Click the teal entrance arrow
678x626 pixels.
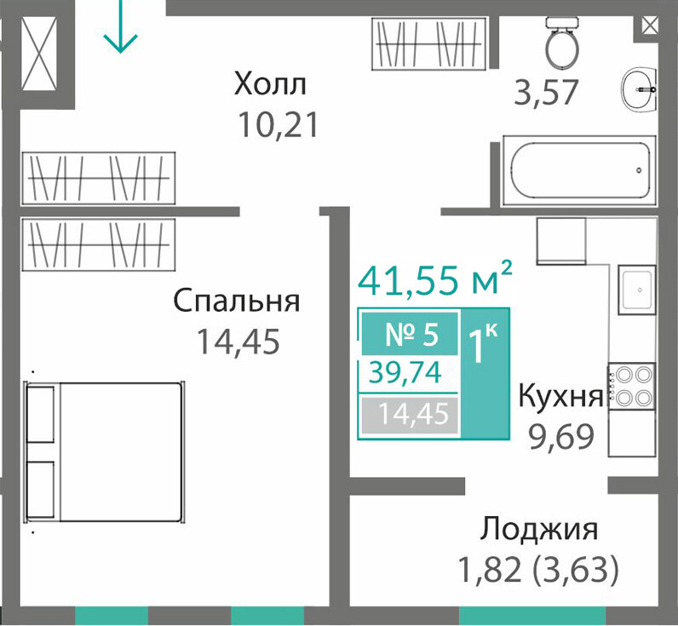tap(120, 26)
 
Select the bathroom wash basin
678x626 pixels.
tap(640, 89)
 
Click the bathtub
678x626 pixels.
tap(579, 170)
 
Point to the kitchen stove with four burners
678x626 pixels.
tap(632, 386)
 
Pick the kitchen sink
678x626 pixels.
tap(636, 290)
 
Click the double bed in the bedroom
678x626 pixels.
tap(104, 451)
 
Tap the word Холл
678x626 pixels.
tap(270, 83)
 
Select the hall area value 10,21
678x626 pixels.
tap(278, 124)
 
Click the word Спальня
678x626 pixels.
tap(237, 301)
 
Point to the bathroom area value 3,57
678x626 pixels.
tap(546, 93)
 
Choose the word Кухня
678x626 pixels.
tap(560, 395)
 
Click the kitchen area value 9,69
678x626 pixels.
tap(561, 437)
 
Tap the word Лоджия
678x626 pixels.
tap(539, 529)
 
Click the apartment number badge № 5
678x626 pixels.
tap(410, 334)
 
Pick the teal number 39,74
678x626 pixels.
tap(405, 372)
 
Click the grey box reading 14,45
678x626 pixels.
tap(410, 415)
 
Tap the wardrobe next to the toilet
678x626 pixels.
tap(430, 43)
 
